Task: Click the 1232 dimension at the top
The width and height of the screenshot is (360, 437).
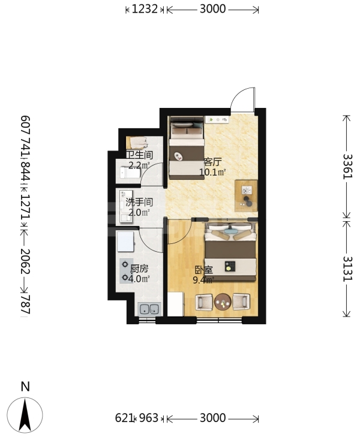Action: (145, 9)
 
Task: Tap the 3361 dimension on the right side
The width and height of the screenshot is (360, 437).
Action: (347, 167)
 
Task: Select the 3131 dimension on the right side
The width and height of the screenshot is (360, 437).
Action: (347, 269)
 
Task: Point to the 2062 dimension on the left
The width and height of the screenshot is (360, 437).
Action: (25, 261)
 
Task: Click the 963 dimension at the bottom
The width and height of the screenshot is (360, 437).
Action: (149, 418)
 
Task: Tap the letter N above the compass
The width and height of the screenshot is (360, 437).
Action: (25, 387)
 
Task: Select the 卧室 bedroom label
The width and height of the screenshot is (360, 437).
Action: (203, 270)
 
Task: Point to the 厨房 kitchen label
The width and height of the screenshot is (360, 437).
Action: (139, 269)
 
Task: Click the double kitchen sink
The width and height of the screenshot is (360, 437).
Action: (150, 309)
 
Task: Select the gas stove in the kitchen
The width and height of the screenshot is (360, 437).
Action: (125, 271)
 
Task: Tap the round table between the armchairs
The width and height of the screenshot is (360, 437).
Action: (223, 302)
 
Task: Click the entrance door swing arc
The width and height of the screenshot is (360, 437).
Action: (237, 95)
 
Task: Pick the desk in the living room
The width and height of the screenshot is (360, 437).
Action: (246, 196)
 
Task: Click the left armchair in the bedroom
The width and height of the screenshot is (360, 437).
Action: (204, 302)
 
